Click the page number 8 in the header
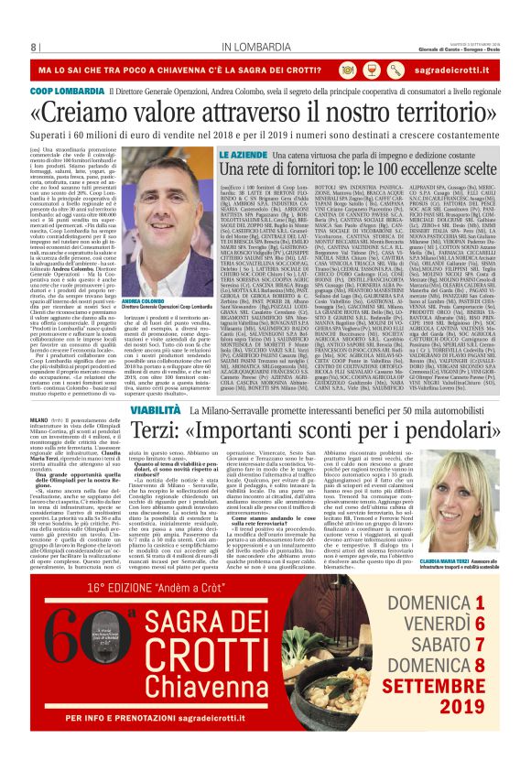tap(33, 47)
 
